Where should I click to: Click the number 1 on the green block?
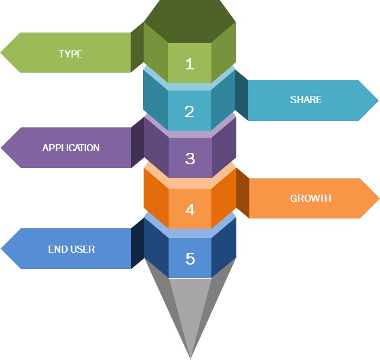click(x=189, y=64)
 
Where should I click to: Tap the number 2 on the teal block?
click(x=189, y=111)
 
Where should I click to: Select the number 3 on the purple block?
click(x=190, y=158)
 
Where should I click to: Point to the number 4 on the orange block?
click(x=190, y=209)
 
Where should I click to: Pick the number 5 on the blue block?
click(x=190, y=259)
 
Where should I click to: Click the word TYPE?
click(x=70, y=54)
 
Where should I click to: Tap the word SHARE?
click(x=306, y=100)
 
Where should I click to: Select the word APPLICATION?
click(x=71, y=148)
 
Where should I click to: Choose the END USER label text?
click(x=72, y=249)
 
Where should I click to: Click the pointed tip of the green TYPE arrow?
click(x=2, y=53)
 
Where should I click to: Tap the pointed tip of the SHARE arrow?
click(x=378, y=100)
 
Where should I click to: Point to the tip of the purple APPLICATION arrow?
click(x=2, y=147)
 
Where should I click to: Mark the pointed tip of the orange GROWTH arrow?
click(x=378, y=198)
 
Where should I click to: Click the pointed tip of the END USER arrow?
click(x=2, y=249)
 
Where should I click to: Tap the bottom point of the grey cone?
click(x=190, y=357)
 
